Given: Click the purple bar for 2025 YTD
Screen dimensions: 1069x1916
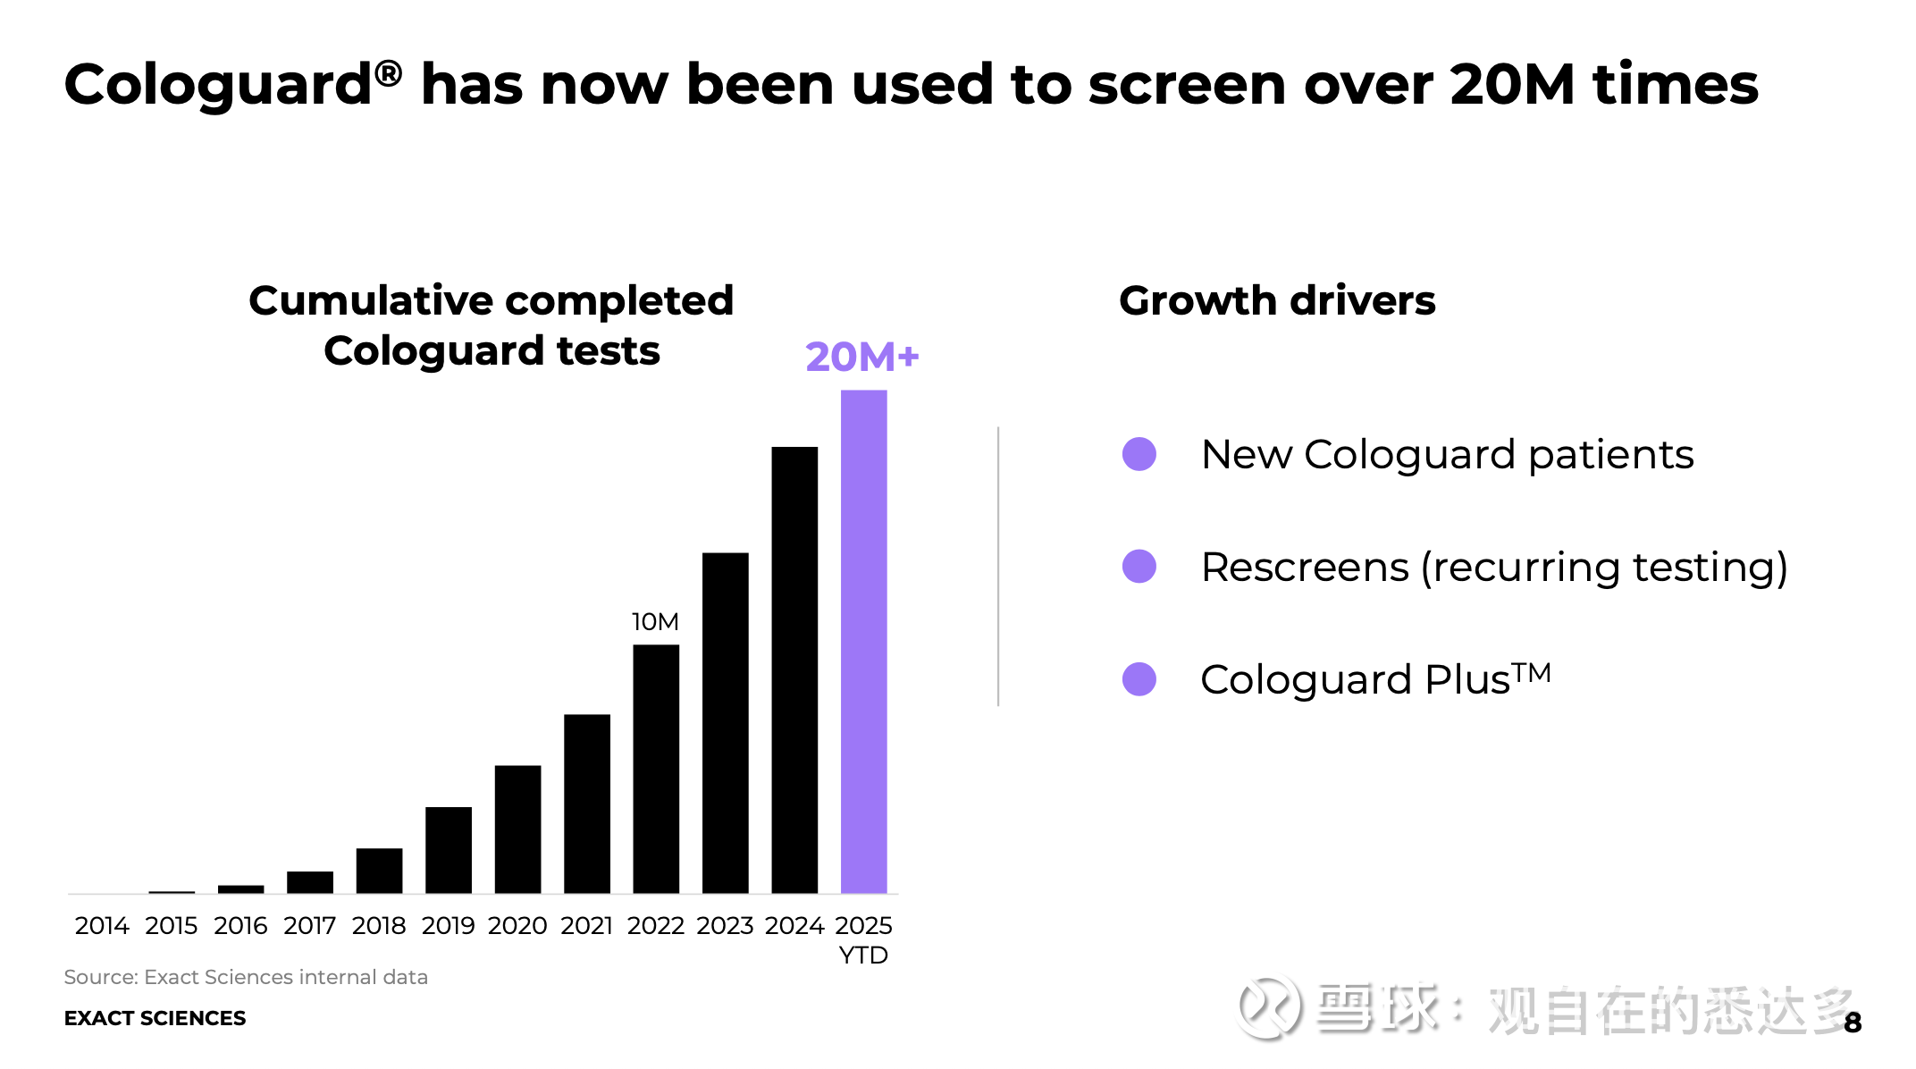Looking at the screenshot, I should click(x=863, y=642).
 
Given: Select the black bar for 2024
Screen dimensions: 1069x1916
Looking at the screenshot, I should click(x=794, y=669).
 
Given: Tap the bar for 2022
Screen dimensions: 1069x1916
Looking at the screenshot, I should click(x=656, y=769).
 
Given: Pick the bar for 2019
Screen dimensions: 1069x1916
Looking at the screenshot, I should click(x=449, y=850).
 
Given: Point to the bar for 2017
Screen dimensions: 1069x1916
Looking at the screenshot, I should click(x=310, y=882).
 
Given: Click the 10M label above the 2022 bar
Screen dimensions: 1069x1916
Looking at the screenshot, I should click(x=655, y=621).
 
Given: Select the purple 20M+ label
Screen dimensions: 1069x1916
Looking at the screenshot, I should click(x=861, y=357).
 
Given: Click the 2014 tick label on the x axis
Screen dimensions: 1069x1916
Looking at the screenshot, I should click(x=102, y=925).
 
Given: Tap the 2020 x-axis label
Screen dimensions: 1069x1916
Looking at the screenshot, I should click(x=517, y=925).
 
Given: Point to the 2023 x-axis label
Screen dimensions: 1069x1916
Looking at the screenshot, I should click(x=725, y=925).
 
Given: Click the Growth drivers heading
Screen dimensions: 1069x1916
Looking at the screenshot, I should click(x=1277, y=300).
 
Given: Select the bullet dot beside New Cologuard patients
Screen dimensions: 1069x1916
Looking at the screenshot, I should click(x=1139, y=454).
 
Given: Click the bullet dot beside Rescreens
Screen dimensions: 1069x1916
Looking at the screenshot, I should click(x=1139, y=567).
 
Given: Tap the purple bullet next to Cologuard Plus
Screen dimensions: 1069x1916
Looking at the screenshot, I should click(x=1139, y=679).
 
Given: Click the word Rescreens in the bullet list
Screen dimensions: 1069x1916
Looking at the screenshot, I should click(x=1305, y=567).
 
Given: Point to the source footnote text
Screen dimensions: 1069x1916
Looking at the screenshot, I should click(x=246, y=977).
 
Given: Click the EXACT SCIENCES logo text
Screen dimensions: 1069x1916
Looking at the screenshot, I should click(x=155, y=1018).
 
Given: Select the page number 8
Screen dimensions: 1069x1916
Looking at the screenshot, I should click(x=1853, y=1023).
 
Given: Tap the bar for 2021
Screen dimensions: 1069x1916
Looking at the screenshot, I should click(x=587, y=804).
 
